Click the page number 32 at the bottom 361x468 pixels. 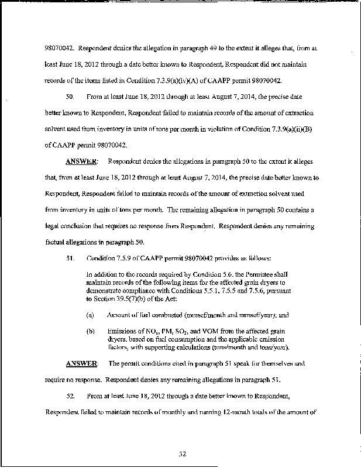click(181, 452)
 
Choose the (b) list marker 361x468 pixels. click(90, 331)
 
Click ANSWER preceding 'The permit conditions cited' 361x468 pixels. click(81, 363)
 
